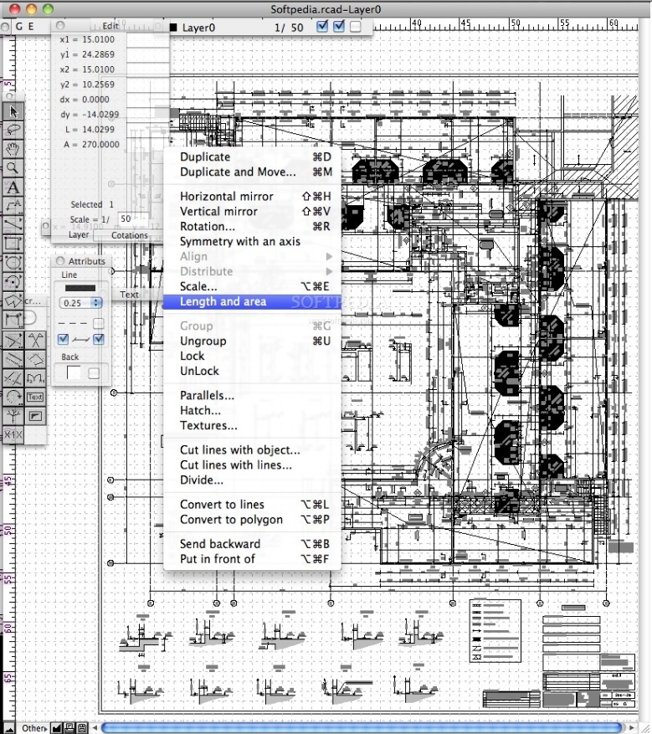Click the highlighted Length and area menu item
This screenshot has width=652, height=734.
223,301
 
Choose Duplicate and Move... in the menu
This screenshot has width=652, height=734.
238,172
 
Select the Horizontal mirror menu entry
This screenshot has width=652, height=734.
226,196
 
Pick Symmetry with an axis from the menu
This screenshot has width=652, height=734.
239,241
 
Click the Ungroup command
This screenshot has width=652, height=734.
203,341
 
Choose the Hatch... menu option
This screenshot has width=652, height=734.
200,410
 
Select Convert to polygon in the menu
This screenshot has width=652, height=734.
231,519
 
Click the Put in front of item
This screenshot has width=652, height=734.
217,558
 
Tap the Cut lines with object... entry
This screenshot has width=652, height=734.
239,449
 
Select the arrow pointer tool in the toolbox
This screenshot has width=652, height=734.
13,110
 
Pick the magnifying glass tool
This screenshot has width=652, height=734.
13,167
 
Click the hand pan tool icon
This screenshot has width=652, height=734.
13,149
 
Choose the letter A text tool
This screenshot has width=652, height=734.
13,187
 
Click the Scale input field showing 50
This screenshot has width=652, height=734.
126,218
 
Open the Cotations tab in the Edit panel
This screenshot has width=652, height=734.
130,235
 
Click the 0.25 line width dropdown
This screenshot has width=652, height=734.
83,302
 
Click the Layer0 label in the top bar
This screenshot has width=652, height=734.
198,28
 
